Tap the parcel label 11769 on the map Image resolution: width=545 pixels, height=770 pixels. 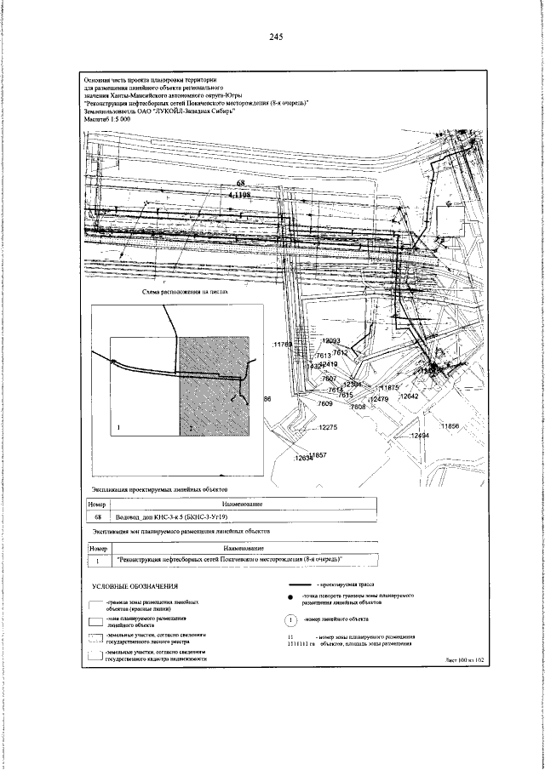pos(282,344)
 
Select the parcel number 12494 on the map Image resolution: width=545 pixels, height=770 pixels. pos(418,435)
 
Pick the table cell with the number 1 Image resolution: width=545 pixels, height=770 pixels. pos(98,561)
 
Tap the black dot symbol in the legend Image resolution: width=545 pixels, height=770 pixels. pos(293,601)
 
